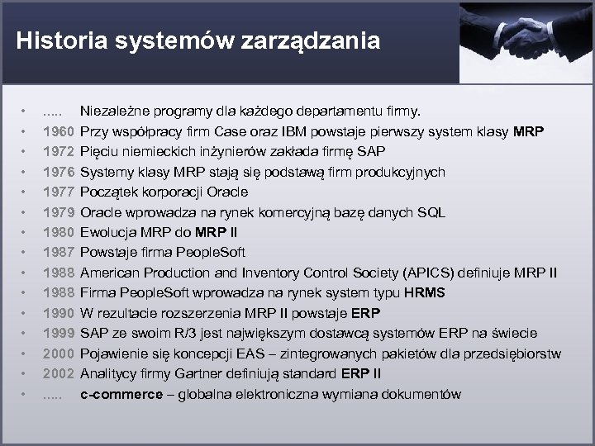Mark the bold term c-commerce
tap(121, 395)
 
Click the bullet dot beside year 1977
tap(25, 192)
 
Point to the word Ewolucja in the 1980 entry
tap(109, 233)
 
